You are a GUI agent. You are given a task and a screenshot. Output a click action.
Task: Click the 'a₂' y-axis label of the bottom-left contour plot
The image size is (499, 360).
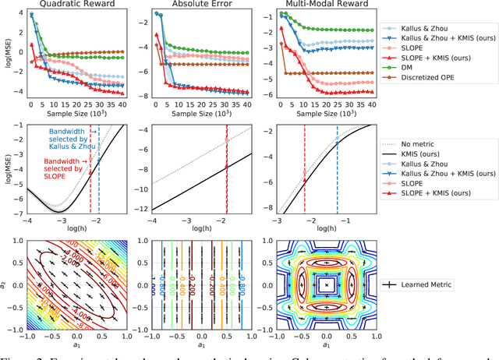(7, 285)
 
